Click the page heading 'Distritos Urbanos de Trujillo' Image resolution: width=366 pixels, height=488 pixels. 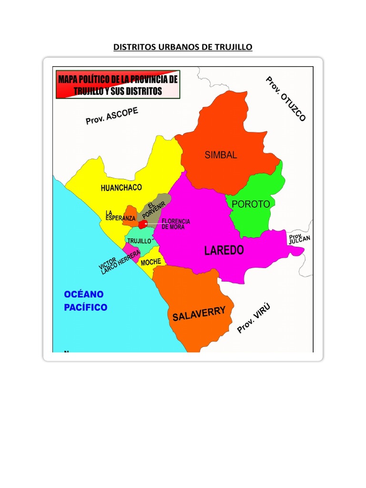[x=183, y=47]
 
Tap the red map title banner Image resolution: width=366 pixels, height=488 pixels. [x=117, y=85]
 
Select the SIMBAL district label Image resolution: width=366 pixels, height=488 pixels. [x=221, y=155]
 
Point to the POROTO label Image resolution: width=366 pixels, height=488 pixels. [x=251, y=204]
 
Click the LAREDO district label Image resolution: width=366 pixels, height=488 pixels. [x=224, y=250]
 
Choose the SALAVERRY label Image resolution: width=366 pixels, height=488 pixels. [x=199, y=314]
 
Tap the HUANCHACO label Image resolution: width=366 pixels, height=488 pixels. [x=121, y=188]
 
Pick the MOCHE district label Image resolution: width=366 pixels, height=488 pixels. [x=151, y=262]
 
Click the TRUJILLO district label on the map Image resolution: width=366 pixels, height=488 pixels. [x=139, y=241]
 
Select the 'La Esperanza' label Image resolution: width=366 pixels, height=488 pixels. [x=120, y=215]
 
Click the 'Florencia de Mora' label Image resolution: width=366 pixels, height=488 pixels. [x=176, y=224]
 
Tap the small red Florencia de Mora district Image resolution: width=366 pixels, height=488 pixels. [x=142, y=224]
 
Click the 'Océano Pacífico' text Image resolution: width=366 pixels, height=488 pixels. [x=85, y=301]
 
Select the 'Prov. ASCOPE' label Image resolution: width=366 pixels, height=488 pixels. [x=112, y=116]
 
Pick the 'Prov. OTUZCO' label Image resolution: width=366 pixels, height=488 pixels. [x=285, y=99]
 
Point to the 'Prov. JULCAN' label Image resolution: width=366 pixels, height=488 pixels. [x=299, y=238]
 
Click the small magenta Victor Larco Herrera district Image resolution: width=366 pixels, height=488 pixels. [x=130, y=248]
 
